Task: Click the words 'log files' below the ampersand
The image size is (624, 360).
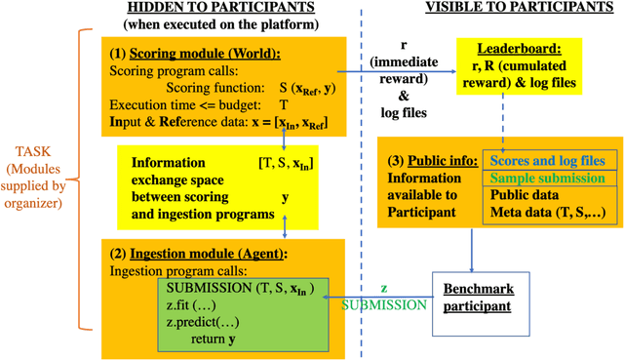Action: [403, 112]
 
